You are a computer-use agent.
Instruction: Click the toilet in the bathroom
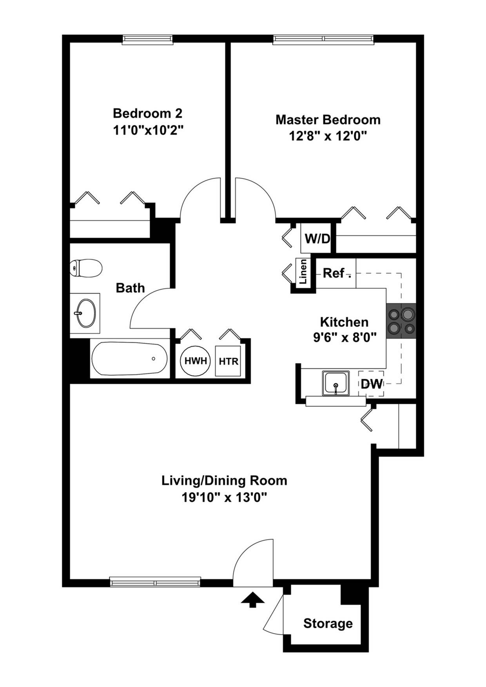coord(86,268)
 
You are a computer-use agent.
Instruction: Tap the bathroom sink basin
coord(86,313)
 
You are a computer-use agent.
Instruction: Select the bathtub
coord(129,359)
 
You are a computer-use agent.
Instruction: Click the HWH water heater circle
coord(195,361)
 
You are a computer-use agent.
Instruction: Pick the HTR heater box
coord(228,361)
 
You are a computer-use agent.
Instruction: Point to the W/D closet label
coord(317,238)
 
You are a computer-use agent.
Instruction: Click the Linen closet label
coord(303,272)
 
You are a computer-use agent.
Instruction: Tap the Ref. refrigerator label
coord(334,273)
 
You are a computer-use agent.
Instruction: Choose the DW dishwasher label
coord(371,384)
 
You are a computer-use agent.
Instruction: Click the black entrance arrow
coord(252,599)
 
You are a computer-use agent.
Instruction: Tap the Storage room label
coord(328,623)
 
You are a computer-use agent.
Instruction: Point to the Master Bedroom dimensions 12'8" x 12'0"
coord(328,136)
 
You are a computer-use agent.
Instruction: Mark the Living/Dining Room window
coord(155,582)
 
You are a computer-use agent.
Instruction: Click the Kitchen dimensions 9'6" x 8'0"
coord(345,337)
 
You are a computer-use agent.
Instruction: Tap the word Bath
coord(130,288)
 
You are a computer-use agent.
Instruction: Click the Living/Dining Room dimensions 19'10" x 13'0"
coord(224,497)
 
